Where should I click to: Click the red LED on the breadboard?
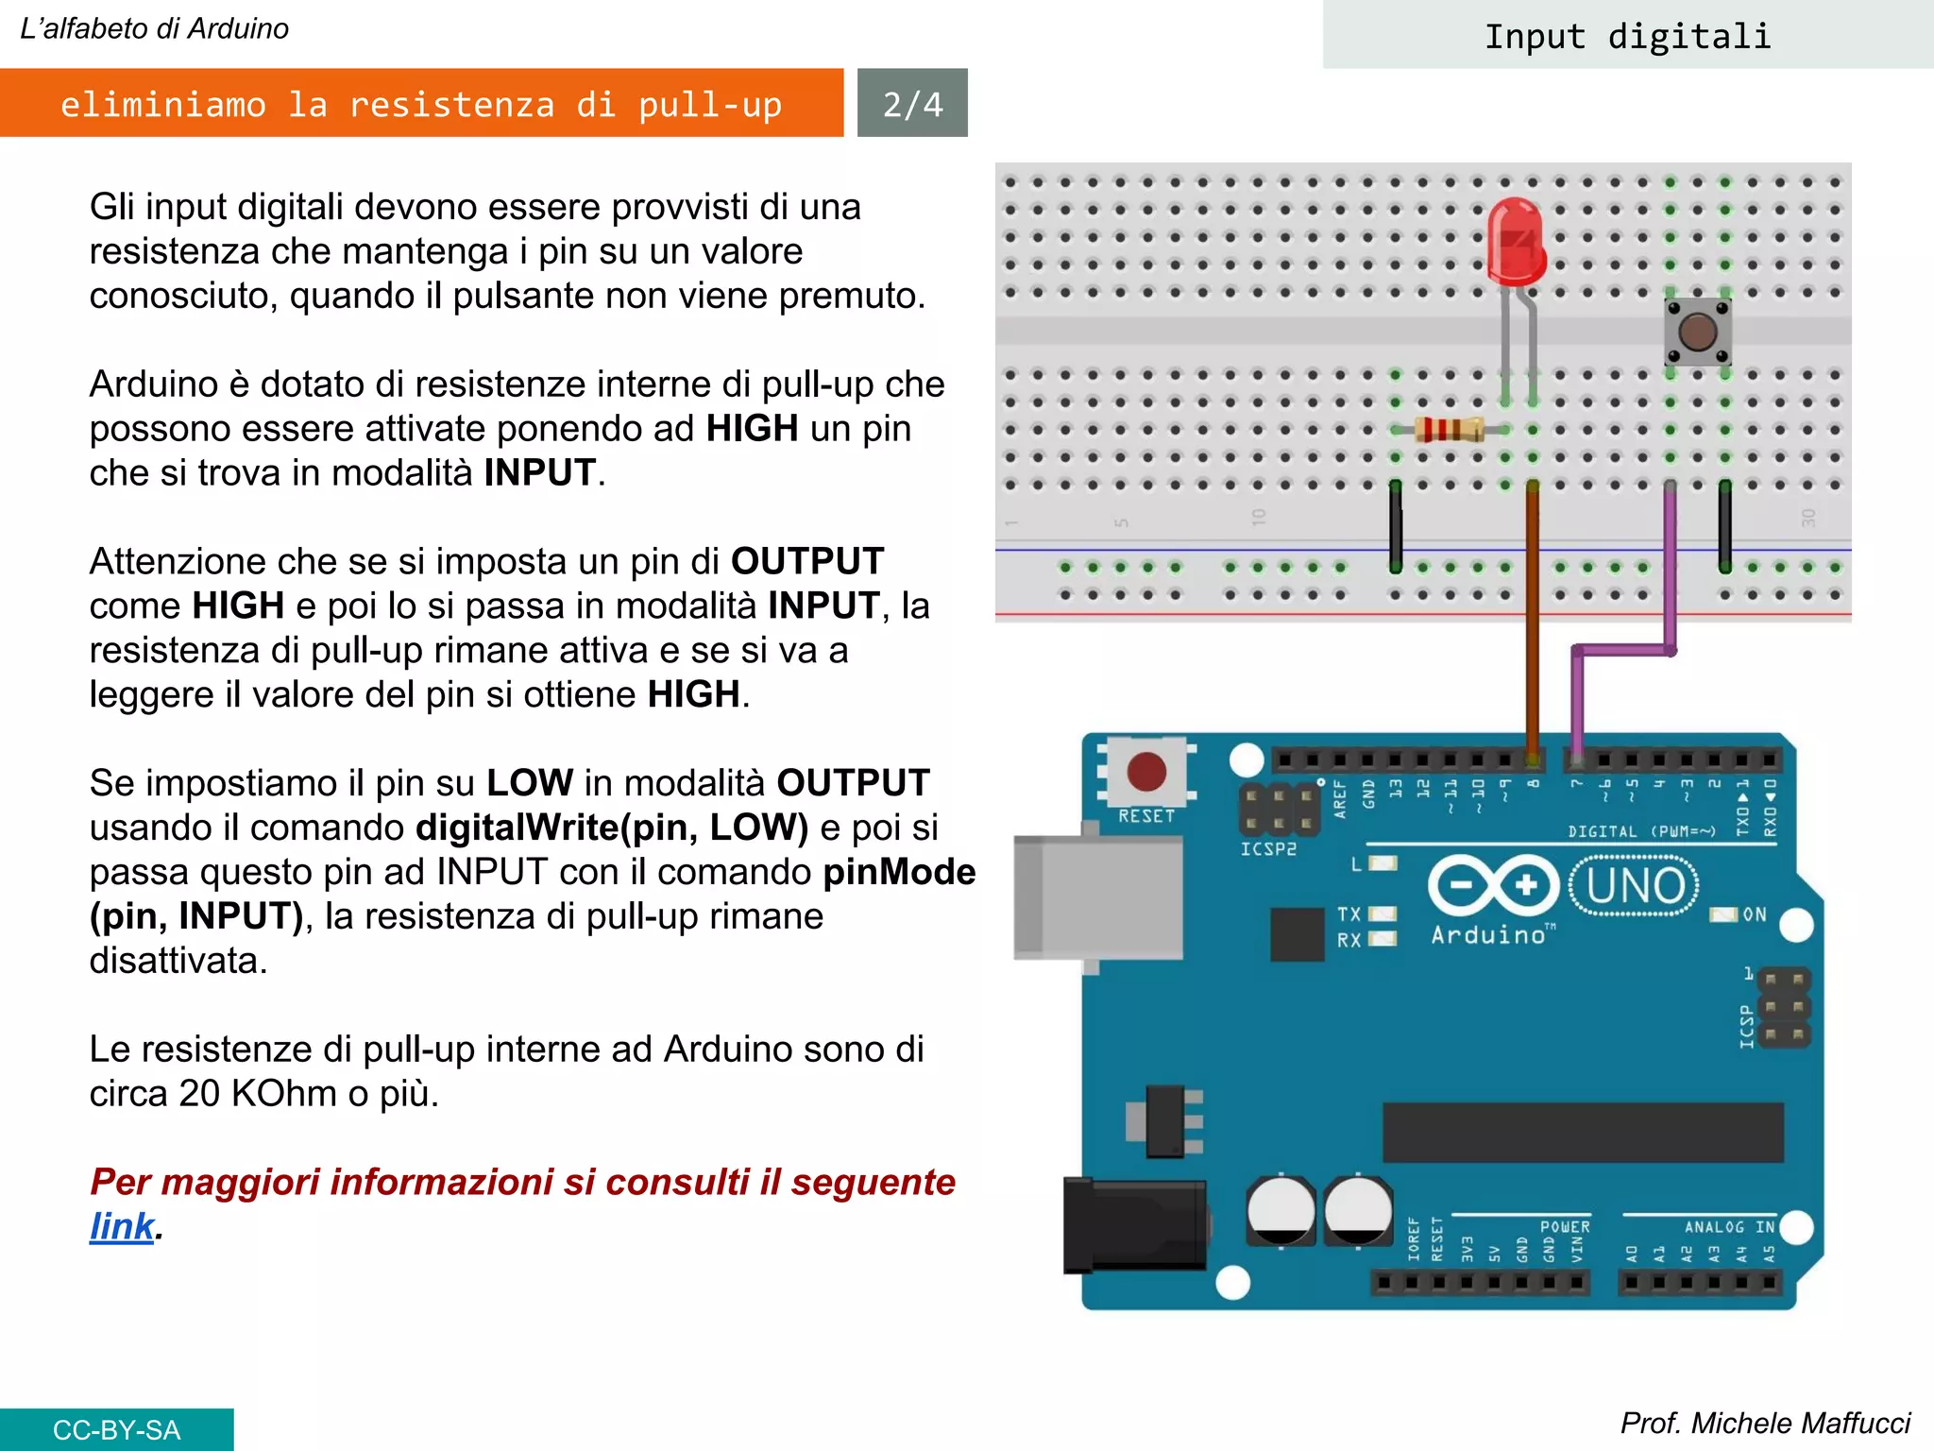click(x=1515, y=242)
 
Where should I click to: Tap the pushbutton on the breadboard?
click(x=1697, y=332)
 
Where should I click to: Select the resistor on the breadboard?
click(x=1449, y=430)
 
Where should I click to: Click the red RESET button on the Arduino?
click(x=1146, y=772)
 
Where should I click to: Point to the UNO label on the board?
click(x=1635, y=886)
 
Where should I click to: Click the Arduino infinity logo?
click(x=1493, y=885)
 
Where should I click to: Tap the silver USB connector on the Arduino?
click(x=1098, y=896)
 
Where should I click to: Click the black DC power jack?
click(x=1133, y=1225)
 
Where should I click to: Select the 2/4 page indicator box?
click(x=912, y=103)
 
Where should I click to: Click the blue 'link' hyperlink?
click(x=121, y=1226)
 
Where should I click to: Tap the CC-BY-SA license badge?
click(x=116, y=1429)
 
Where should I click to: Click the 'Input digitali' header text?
click(x=1627, y=36)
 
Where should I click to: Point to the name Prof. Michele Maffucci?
click(x=1764, y=1423)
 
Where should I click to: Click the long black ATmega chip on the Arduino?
click(x=1583, y=1132)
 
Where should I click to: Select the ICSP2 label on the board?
click(x=1268, y=849)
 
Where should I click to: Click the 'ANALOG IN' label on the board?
click(x=1729, y=1227)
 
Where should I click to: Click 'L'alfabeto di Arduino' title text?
click(x=154, y=28)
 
